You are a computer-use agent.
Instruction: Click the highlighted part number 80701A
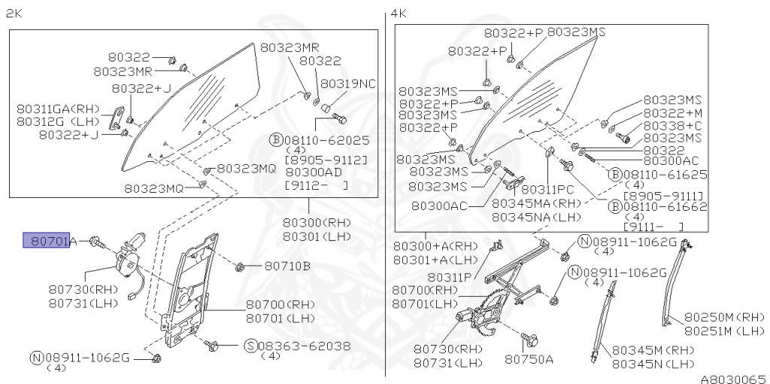[x=50, y=241]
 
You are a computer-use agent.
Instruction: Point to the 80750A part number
[x=529, y=359]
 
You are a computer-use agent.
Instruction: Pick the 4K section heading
[x=399, y=14]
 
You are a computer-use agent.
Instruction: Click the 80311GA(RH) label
[x=55, y=108]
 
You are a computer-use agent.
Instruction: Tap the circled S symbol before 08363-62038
[x=251, y=346]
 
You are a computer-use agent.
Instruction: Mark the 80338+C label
[x=672, y=125]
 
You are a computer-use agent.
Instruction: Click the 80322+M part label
[x=672, y=112]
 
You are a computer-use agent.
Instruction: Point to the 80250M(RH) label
[x=724, y=317]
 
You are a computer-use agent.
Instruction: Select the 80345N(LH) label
[x=653, y=364]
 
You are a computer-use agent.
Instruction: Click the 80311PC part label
[x=547, y=190]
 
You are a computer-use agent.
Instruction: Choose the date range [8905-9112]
[x=326, y=160]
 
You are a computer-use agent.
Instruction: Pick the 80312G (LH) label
[x=55, y=121]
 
